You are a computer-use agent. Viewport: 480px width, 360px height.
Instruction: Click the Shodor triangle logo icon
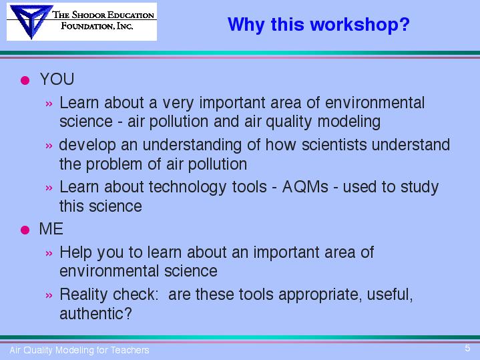click(x=30, y=21)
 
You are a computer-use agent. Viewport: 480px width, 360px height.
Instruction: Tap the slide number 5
click(x=467, y=348)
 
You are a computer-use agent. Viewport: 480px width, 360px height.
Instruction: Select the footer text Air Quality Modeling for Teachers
click(x=79, y=350)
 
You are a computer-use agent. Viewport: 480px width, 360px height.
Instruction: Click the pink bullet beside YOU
click(x=25, y=80)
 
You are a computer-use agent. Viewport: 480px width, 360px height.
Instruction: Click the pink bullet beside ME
click(x=25, y=230)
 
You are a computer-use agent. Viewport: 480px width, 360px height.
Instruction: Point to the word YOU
click(x=57, y=79)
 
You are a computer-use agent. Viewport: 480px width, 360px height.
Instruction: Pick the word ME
click(x=51, y=229)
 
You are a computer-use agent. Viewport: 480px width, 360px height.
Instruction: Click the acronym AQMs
click(x=305, y=186)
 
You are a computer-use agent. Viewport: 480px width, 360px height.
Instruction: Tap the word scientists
click(x=334, y=145)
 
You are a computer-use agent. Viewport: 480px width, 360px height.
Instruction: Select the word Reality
click(x=84, y=295)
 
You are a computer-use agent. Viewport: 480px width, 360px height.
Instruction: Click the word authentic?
click(x=96, y=313)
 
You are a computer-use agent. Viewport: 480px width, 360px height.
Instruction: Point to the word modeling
click(x=349, y=122)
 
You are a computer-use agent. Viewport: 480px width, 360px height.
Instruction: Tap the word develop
click(x=87, y=145)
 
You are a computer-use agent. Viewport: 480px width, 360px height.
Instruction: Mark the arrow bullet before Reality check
click(x=49, y=295)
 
